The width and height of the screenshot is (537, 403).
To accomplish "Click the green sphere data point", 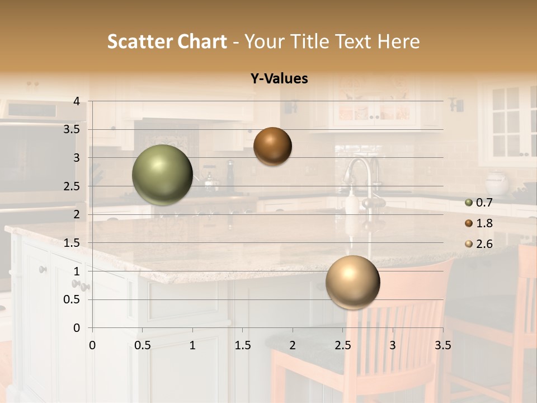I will pos(163,175).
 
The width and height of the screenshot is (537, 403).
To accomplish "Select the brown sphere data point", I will pos(272,146).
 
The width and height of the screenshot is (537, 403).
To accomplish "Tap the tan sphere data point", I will pos(352,282).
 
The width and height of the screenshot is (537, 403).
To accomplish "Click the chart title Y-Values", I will pos(279,79).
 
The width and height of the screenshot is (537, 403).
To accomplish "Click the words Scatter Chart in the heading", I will pos(167,41).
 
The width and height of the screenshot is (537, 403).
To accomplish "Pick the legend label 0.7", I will pos(484,203).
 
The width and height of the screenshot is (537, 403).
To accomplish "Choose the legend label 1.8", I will pos(484,223).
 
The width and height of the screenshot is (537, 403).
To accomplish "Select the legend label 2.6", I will pos(484,244).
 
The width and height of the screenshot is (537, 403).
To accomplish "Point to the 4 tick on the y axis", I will pos(77,101).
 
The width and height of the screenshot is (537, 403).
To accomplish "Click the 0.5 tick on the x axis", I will pos(143,346).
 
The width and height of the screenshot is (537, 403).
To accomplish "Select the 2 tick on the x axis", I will pos(293,346).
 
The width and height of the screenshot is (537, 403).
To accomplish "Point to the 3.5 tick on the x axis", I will pos(442,346).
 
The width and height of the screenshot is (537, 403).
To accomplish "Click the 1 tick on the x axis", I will pos(192,346).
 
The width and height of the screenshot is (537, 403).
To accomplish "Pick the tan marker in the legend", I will pos(469,244).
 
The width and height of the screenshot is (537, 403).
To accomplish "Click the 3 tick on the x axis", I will pos(393,346).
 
